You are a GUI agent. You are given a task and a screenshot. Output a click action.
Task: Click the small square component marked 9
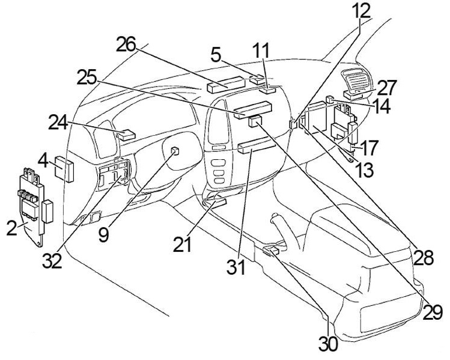(x=175, y=151)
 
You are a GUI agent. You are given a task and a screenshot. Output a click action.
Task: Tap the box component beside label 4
(x=64, y=168)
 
